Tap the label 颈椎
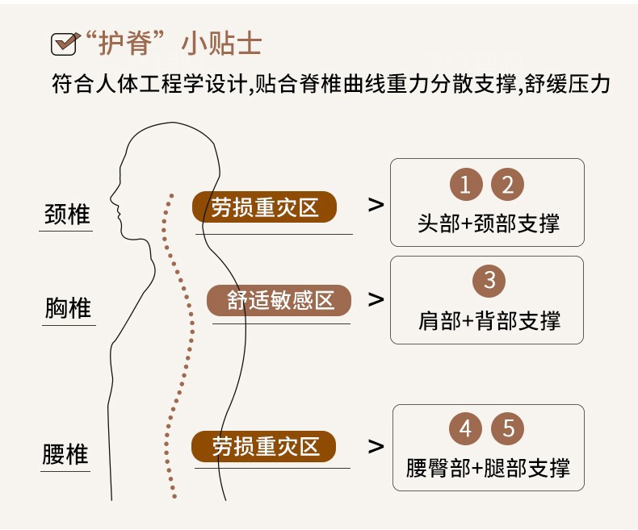coord(67,215)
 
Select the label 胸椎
coord(68,308)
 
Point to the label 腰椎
coord(65,454)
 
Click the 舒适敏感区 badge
coord(279,301)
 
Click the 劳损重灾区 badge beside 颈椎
coord(265,207)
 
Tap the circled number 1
coord(466,186)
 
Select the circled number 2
coord(508,186)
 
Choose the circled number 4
coord(465,428)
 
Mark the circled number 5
coord(508,428)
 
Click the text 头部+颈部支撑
coord(488,223)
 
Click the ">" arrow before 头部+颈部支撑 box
coord(376,205)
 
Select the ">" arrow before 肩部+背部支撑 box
coord(376,299)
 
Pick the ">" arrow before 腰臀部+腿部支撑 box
coord(376,446)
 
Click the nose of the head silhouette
coord(112,202)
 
